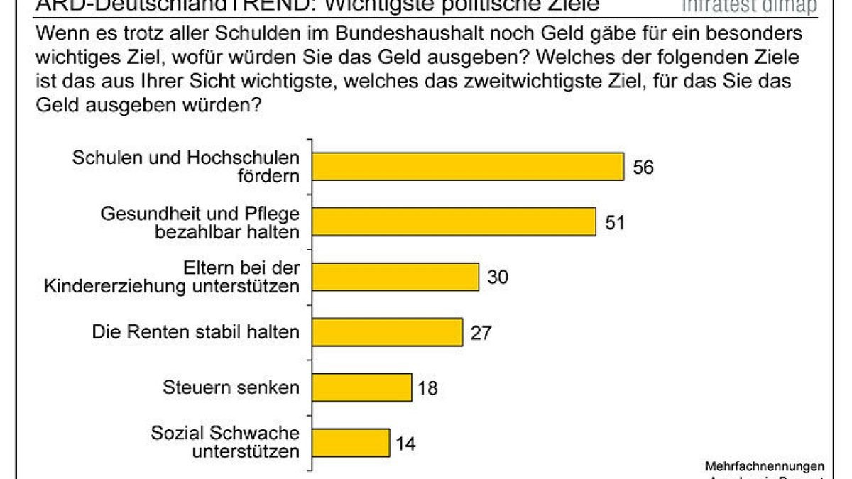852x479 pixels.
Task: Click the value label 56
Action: click(643, 167)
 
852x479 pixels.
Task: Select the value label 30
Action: click(497, 277)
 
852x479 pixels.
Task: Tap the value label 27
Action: click(481, 333)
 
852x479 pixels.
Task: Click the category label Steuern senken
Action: click(231, 387)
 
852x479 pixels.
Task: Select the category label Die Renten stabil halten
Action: click(197, 332)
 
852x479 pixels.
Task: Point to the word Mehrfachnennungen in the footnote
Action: click(765, 466)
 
